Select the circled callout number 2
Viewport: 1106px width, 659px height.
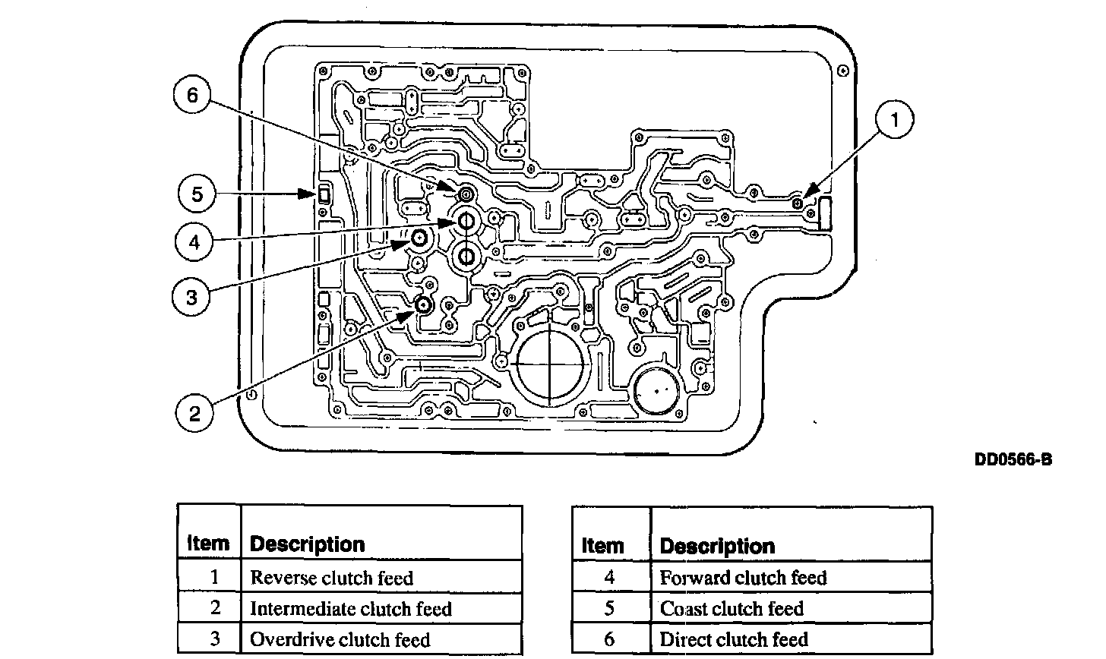pyautogui.click(x=195, y=413)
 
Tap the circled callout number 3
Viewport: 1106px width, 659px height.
pyautogui.click(x=191, y=296)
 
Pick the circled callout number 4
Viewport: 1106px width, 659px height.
pyautogui.click(x=195, y=243)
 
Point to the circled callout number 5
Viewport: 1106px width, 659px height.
pyautogui.click(x=197, y=194)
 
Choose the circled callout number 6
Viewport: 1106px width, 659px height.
pyautogui.click(x=191, y=96)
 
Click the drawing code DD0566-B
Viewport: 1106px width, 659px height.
pyautogui.click(x=1013, y=459)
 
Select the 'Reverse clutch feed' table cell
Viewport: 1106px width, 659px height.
pyautogui.click(x=332, y=578)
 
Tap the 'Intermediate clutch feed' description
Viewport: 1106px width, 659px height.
pyautogui.click(x=351, y=609)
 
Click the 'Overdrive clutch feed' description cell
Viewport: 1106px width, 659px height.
pyautogui.click(x=340, y=639)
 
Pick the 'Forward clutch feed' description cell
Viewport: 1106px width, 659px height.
pyautogui.click(x=743, y=578)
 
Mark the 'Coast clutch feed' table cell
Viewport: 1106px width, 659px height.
pyautogui.click(x=732, y=609)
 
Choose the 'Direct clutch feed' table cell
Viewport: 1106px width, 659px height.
pyautogui.click(x=734, y=639)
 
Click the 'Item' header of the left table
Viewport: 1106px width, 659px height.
pyautogui.click(x=208, y=544)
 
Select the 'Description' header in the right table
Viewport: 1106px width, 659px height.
pyautogui.click(x=717, y=546)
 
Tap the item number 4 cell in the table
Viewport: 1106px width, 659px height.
pyautogui.click(x=610, y=578)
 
